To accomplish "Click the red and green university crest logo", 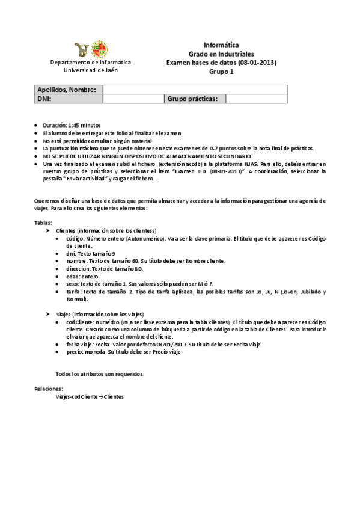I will (99, 50).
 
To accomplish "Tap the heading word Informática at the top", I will (221, 45).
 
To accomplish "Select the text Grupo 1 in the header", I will (221, 72).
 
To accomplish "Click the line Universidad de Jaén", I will (90, 70).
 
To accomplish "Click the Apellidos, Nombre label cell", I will (67, 90).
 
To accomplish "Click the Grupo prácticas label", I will (195, 99).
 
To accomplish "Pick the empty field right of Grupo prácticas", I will (255, 99).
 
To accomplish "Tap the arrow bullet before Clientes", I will (49, 231).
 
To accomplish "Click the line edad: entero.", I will (83, 277).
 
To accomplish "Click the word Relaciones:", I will (47, 390).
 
